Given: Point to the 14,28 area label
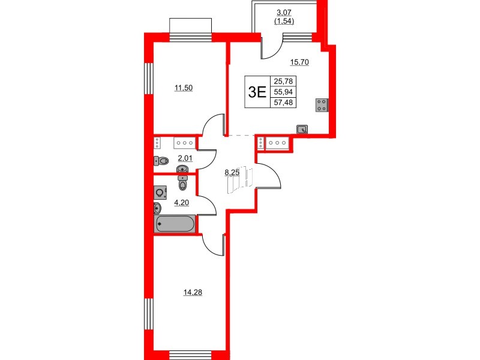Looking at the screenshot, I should point(191,292).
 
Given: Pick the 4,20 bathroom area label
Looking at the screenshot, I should point(181,202).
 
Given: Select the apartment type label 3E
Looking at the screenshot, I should point(257,91).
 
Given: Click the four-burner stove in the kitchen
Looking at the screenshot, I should point(322,105).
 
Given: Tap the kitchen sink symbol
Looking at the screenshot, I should point(303,128).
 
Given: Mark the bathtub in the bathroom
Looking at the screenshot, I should point(175,224).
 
